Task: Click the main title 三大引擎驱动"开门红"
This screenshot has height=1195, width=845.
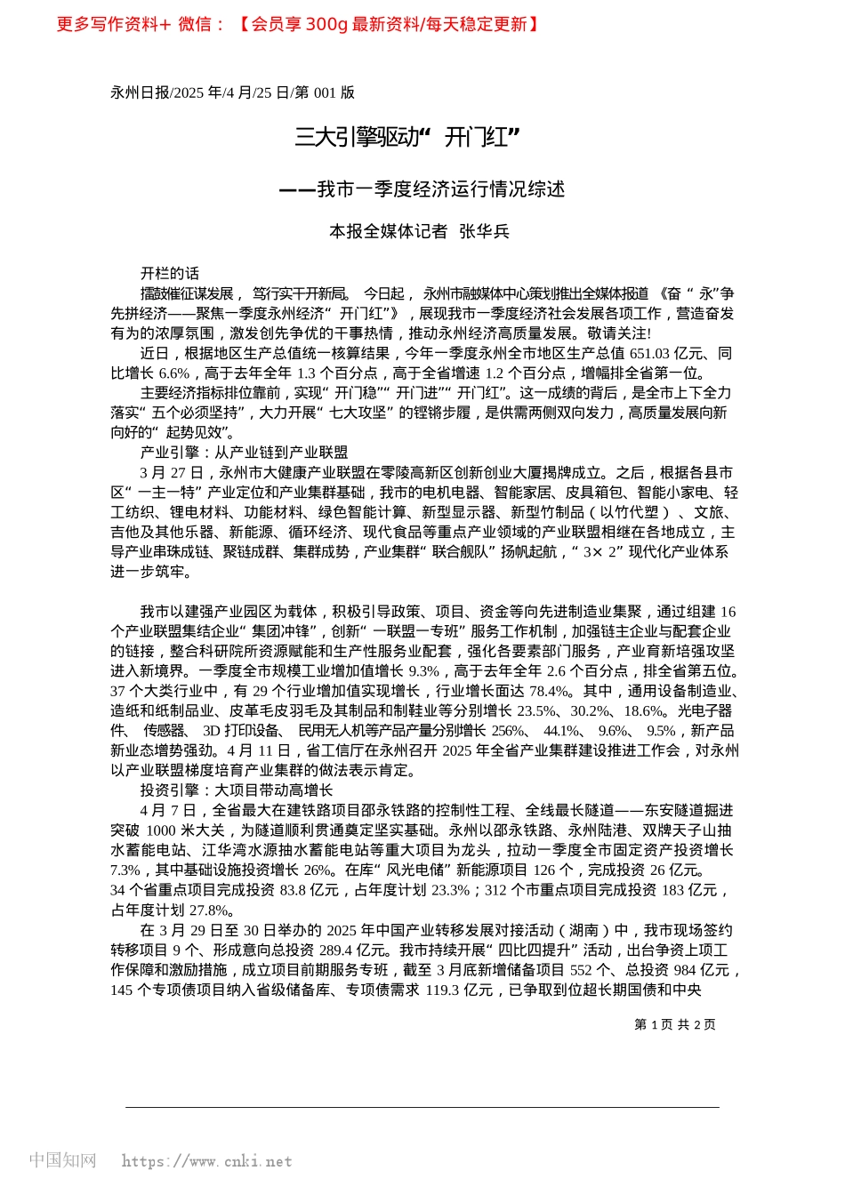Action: pos(407,137)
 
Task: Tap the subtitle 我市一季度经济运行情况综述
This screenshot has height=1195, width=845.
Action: pos(422,189)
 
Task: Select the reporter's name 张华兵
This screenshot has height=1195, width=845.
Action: pos(484,231)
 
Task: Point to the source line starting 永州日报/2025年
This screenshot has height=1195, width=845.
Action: pos(232,92)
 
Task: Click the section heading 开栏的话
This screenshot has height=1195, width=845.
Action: pos(170,273)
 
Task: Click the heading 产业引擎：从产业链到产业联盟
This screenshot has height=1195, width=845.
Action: pos(244,453)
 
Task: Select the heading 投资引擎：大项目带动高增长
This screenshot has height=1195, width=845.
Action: pos(237,790)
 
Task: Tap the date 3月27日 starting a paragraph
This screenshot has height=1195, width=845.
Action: pos(172,473)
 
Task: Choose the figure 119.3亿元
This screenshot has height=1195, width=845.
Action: pos(463,990)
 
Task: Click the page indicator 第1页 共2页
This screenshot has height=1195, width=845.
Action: pos(675,1024)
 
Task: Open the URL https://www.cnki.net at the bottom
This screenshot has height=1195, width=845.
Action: pos(206,1161)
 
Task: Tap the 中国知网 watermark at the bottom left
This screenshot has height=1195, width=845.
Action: pos(62,1160)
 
